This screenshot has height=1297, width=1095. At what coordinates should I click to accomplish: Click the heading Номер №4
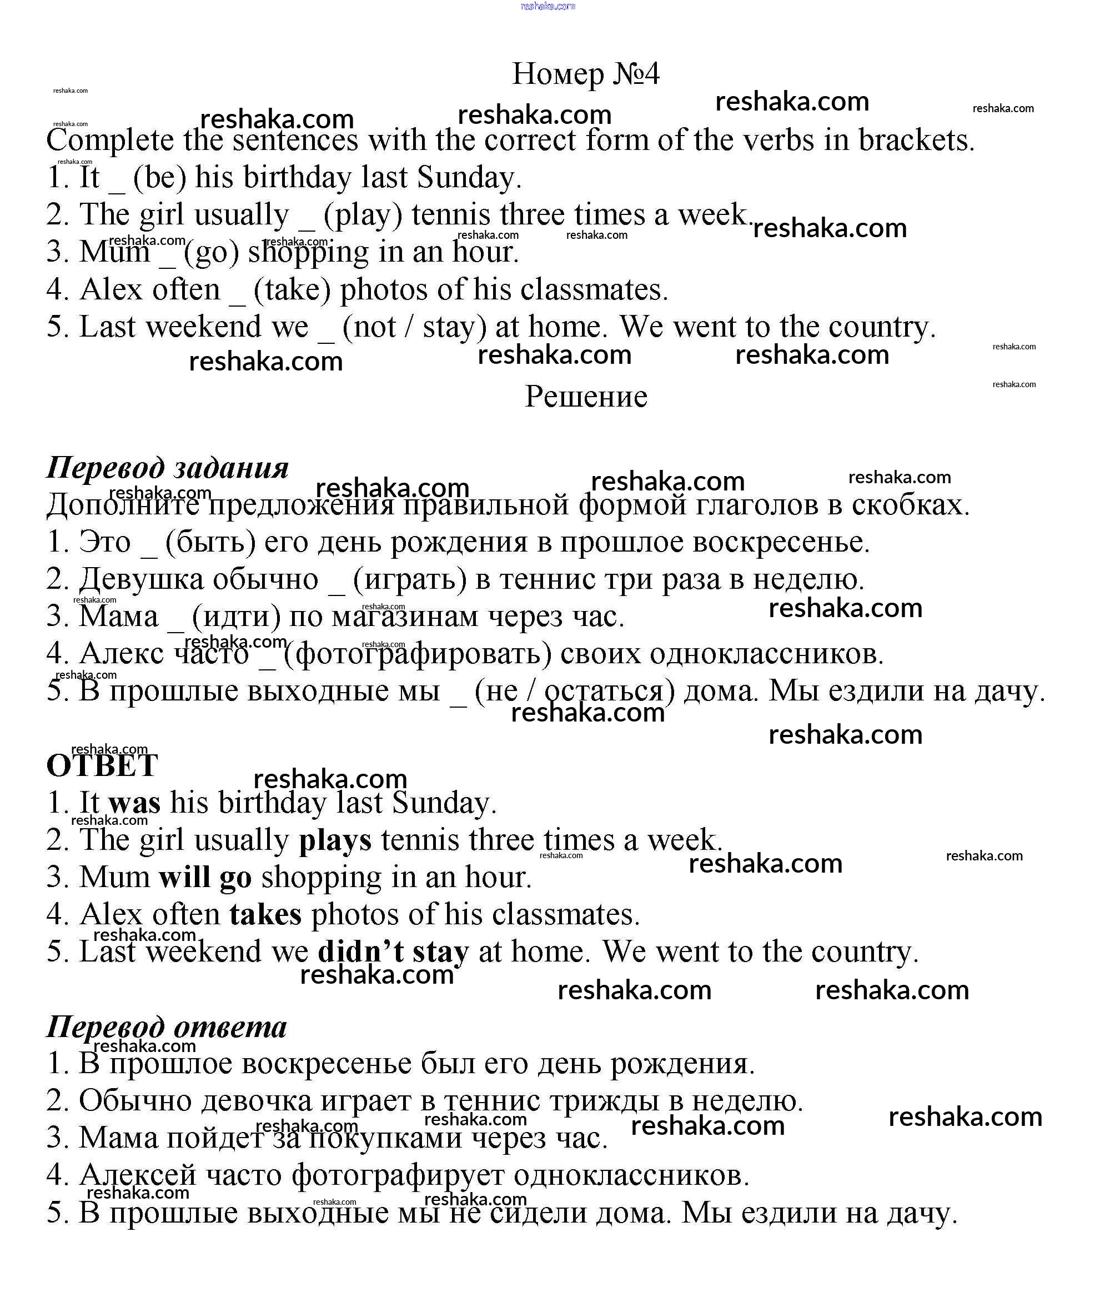[585, 74]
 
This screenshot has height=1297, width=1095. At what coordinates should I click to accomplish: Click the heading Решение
[585, 396]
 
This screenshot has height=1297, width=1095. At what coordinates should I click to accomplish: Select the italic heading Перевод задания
[168, 467]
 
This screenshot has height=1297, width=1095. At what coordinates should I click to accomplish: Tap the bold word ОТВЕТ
[102, 765]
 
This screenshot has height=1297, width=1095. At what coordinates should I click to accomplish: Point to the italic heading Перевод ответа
[167, 1026]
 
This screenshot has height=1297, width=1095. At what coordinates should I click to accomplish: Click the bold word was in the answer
[134, 803]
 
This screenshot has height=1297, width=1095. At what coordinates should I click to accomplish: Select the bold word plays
[335, 840]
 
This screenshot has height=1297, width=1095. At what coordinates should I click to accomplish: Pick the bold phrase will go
[205, 877]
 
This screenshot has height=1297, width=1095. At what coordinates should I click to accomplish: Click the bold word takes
[265, 914]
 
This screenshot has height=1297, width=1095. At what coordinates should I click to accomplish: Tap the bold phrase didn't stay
[393, 952]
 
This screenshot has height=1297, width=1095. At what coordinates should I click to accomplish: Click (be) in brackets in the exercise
[159, 178]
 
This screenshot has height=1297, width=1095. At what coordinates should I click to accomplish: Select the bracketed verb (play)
[363, 215]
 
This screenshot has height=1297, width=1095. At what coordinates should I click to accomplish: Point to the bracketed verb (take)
[292, 290]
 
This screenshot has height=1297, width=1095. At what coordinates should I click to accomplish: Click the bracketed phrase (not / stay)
[414, 327]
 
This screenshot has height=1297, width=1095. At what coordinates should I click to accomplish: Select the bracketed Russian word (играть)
[410, 579]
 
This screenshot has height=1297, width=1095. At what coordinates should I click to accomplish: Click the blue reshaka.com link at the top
[547, 6]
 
